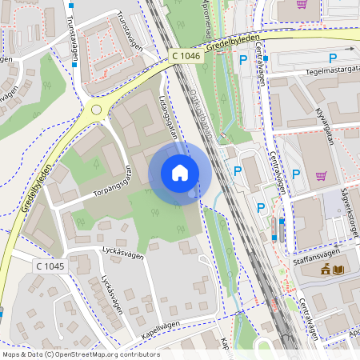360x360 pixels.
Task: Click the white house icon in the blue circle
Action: pos(180,173)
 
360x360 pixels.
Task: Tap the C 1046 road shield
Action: pos(186,55)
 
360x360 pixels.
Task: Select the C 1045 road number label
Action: pos(50,266)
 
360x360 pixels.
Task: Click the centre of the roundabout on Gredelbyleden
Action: pos(97,110)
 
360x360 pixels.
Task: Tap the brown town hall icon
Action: pos(326,270)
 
